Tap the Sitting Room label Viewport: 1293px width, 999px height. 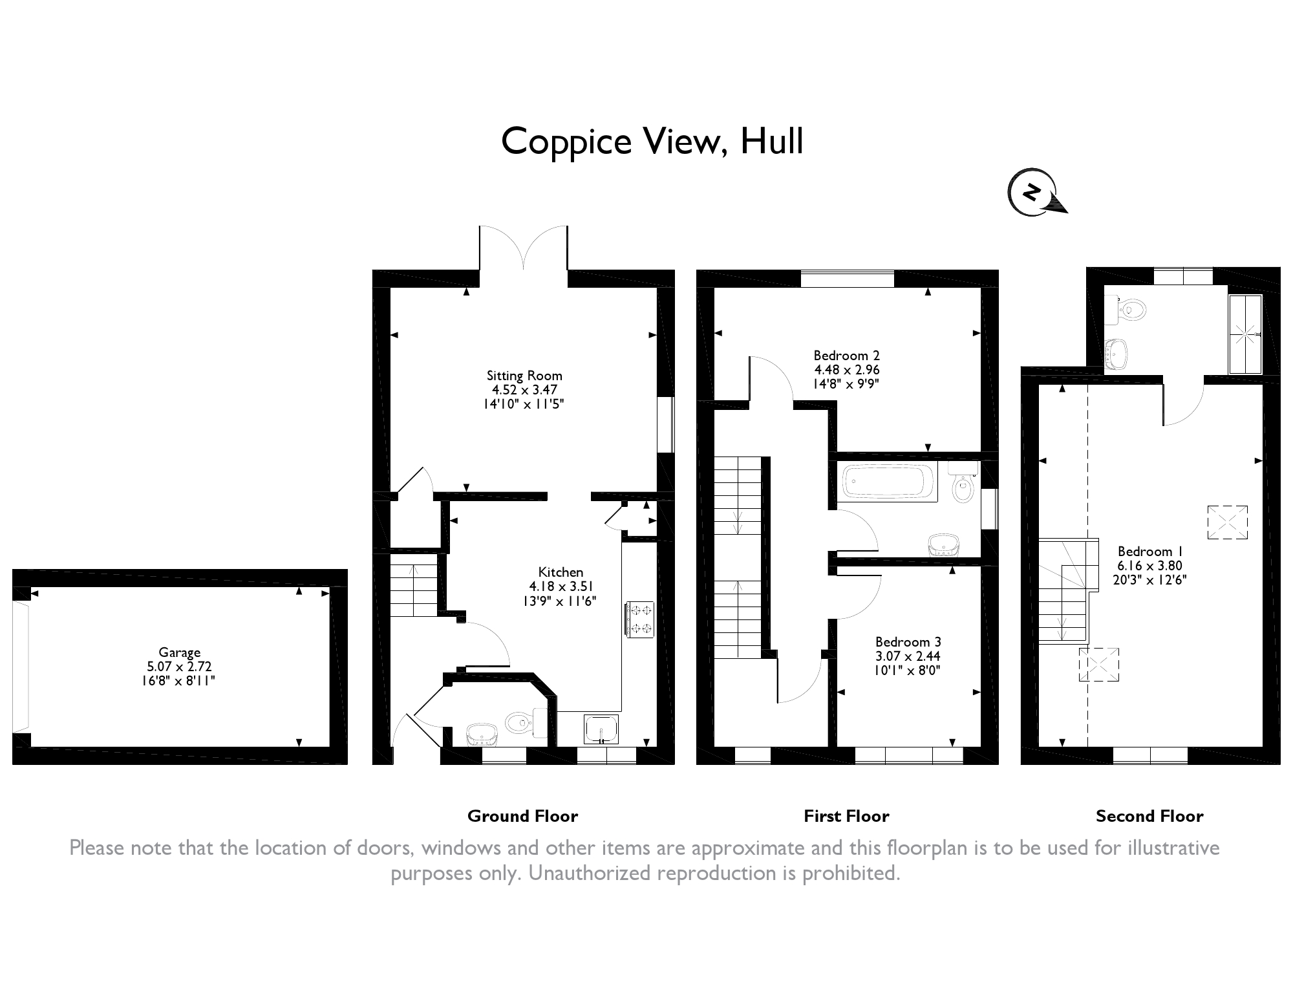pos(524,376)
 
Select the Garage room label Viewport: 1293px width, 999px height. pos(180,652)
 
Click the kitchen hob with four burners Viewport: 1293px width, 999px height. pos(640,619)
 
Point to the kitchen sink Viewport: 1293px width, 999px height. pos(602,730)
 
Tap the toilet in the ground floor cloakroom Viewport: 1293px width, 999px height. pos(526,722)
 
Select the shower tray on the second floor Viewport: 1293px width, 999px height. pos(1245,334)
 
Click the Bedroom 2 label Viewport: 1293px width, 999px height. pos(846,356)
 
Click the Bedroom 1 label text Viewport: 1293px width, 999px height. pos(1150,552)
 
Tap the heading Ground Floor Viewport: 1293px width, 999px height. pos(522,816)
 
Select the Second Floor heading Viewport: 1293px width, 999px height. pos(1149,816)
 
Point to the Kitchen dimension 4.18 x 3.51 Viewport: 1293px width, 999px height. pos(561,586)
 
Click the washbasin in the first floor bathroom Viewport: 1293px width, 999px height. pos(945,545)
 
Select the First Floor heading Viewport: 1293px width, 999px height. pos(846,816)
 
